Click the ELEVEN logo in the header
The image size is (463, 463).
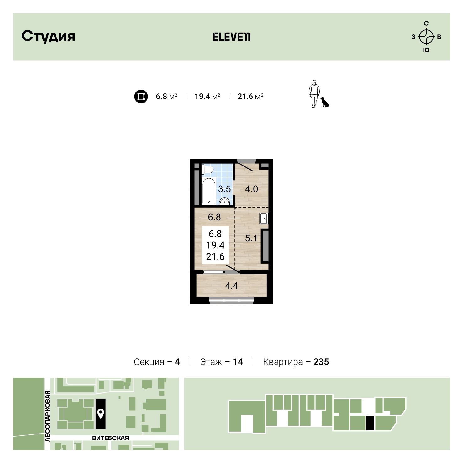click(231, 37)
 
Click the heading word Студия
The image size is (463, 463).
click(48, 36)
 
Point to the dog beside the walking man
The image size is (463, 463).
click(324, 102)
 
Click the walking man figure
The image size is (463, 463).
click(314, 94)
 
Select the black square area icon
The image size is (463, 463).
click(141, 96)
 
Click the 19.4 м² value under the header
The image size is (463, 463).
click(207, 96)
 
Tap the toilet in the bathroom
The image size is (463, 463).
click(208, 170)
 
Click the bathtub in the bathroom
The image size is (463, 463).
click(209, 191)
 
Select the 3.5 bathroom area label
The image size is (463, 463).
click(224, 189)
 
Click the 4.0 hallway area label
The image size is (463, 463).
click(251, 189)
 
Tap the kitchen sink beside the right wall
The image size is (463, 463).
click(264, 218)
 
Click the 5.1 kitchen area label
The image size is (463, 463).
click(251, 238)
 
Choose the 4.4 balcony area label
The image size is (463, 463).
click(231, 286)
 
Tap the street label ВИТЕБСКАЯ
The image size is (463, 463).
click(111, 438)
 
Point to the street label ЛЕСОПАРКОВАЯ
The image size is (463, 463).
click(47, 416)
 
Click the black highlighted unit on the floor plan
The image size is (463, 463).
click(370, 423)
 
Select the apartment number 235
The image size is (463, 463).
click(321, 362)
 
